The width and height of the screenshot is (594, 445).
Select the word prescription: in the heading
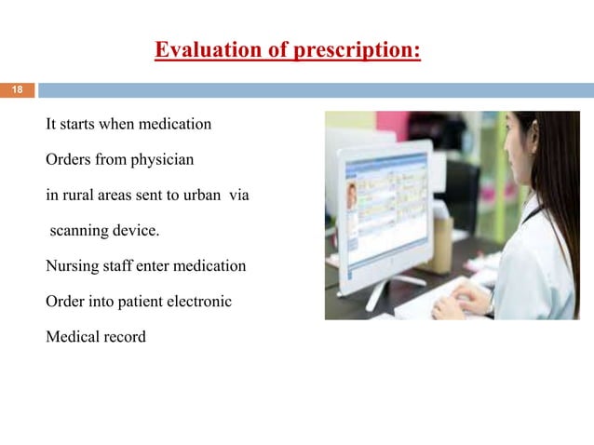click(357, 49)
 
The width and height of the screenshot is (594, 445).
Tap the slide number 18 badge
click(16, 90)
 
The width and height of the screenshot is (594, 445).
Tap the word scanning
click(85, 231)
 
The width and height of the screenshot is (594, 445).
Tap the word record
click(125, 337)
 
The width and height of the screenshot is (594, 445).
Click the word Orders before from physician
click(69, 159)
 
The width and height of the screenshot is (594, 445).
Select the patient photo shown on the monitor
click(353, 196)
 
